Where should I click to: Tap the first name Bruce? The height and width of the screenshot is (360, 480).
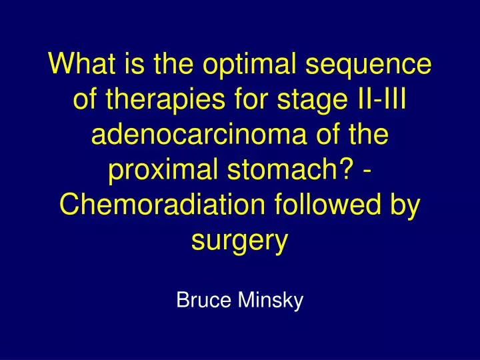(x=202, y=301)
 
